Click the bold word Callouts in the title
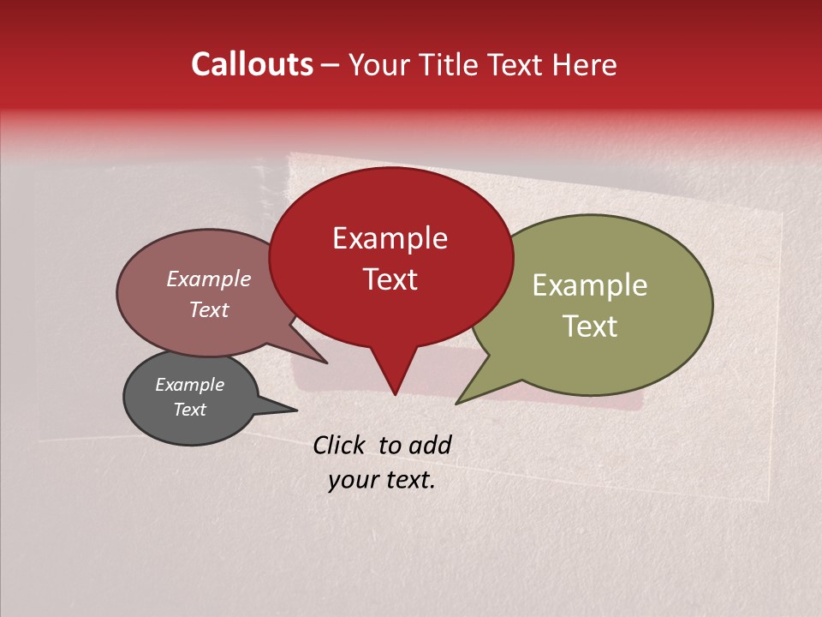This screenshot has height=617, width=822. coord(253,64)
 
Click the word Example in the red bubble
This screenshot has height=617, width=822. coord(390,238)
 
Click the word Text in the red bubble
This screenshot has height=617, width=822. coord(390,279)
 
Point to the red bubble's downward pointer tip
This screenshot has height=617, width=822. coord(395,394)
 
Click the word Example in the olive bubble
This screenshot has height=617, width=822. coord(590,285)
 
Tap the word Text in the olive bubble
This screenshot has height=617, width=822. coord(590,326)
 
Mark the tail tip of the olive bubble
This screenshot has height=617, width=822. coord(456,404)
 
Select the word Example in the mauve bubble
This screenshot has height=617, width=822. coord(209,279)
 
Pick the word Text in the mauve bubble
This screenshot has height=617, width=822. coord(209,309)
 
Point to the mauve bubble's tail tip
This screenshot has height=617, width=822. coord(327,362)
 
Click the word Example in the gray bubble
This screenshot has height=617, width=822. coord(189,385)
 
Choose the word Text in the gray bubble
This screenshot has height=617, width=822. coord(189,410)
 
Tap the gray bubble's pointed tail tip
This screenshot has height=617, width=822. coord(297,410)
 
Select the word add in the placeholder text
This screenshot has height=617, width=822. coord(430,445)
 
